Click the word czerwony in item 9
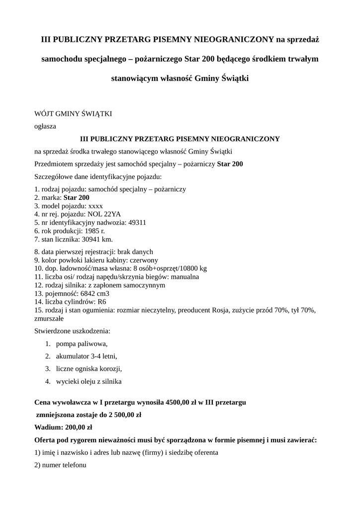coord(144,260)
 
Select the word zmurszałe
coord(49,319)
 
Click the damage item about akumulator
coord(87,356)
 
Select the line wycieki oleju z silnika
coord(89,381)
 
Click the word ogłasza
coord(45,127)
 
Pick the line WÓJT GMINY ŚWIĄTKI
coord(73,114)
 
